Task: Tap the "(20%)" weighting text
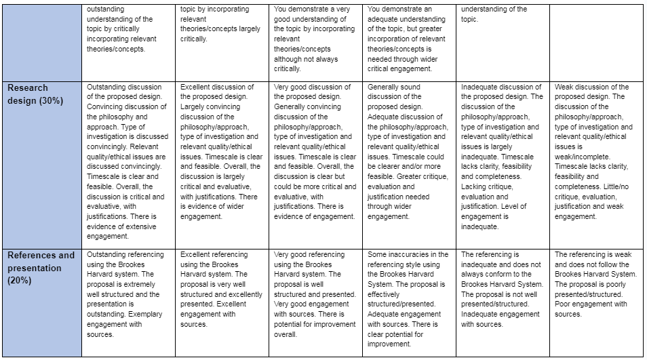tap(20, 281)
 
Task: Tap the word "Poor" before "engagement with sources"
tap(564, 304)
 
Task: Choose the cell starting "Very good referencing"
tap(315, 295)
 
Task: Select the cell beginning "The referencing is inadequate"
tap(503, 290)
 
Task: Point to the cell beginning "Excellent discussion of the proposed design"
tap(222, 153)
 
